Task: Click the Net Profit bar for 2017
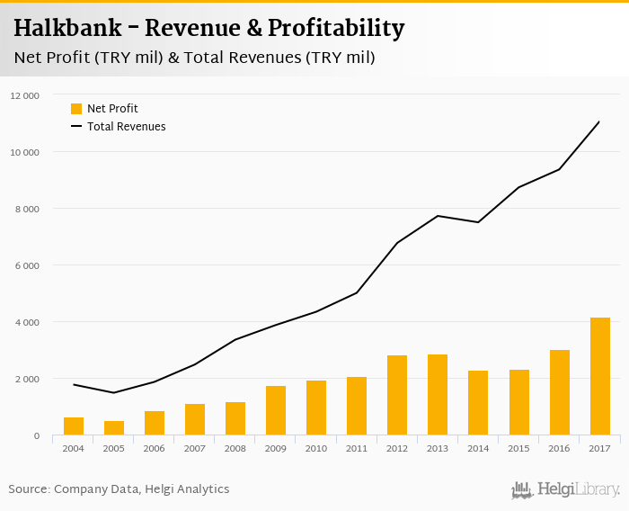tap(599, 377)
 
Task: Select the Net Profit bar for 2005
tap(114, 428)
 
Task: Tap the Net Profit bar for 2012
tap(397, 396)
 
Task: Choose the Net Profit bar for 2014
tap(478, 403)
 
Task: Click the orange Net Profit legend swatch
tap(76, 109)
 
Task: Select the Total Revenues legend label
tap(126, 127)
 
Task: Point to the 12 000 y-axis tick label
tap(25, 95)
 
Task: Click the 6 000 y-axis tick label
tap(27, 265)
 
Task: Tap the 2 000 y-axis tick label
tap(27, 379)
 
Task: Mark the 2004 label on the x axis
tap(74, 448)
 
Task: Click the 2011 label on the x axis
tap(357, 448)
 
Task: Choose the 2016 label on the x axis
tap(559, 448)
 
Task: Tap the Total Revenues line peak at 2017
tap(599, 121)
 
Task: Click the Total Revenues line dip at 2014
tap(478, 222)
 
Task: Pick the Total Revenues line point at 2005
tap(114, 392)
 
